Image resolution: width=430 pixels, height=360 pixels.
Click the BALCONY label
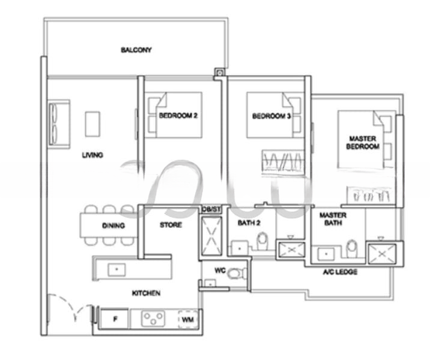pos(136,50)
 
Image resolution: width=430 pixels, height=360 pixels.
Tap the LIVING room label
pos(92,155)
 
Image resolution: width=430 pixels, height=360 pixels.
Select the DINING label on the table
pos(113,226)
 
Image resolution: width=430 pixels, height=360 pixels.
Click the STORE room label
pos(171,225)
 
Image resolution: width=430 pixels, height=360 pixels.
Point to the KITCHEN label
pos(146,293)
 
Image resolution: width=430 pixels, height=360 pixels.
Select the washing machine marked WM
pos(187,319)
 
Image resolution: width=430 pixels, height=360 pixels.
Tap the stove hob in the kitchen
pos(153,319)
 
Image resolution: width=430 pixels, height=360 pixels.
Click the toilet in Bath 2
pos(262,242)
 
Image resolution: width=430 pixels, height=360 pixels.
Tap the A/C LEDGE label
pos(340,272)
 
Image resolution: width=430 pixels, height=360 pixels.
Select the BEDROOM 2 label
pos(178,116)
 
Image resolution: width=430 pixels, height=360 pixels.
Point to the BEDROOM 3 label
pos(271,116)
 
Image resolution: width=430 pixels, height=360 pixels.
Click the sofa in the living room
pos(59,124)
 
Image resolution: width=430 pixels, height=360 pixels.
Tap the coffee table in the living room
pos(92,124)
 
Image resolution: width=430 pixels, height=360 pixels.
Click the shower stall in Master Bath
pos(381,253)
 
